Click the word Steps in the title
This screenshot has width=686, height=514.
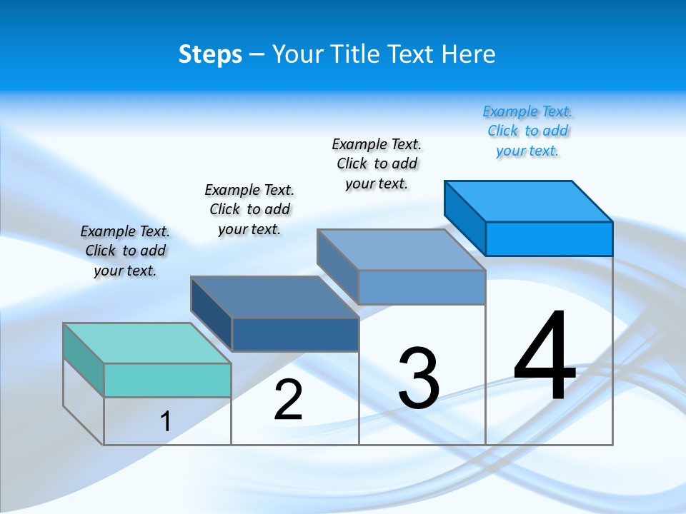pyautogui.click(x=210, y=54)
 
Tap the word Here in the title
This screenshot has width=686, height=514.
pyautogui.click(x=469, y=54)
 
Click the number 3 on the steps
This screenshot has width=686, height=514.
pyautogui.click(x=419, y=378)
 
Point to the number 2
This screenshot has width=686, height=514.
pyautogui.click(x=289, y=400)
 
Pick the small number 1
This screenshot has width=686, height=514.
pyautogui.click(x=166, y=421)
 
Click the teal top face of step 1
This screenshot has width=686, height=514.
pyautogui.click(x=146, y=343)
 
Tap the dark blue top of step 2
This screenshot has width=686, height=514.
pyautogui.click(x=274, y=297)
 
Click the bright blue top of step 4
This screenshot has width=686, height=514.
pyautogui.click(x=529, y=201)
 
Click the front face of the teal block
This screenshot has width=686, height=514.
pyautogui.click(x=167, y=380)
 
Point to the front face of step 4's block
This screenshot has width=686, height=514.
pyautogui.click(x=549, y=238)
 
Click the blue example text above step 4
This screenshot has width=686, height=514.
pyautogui.click(x=527, y=131)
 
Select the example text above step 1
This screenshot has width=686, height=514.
pyautogui.click(x=125, y=251)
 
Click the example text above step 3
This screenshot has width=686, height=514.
pyautogui.click(x=377, y=163)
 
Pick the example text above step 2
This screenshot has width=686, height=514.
pyautogui.click(x=249, y=209)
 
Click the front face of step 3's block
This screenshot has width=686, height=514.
pyautogui.click(x=422, y=287)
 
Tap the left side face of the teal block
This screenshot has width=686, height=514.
pyautogui.click(x=84, y=360)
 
